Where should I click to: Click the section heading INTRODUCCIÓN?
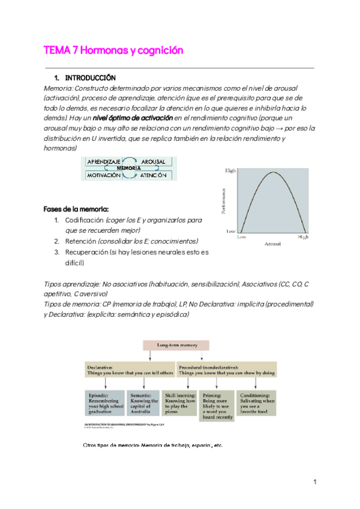coord(89,78)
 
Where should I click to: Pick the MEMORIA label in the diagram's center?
coord(129,169)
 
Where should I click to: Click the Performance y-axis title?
coord(224,201)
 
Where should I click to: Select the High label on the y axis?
coord(230,171)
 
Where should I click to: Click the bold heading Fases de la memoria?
coord(76,209)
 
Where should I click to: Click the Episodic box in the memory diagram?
coord(104,403)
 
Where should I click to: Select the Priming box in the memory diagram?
coord(216,403)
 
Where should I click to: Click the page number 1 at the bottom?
coord(314,482)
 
